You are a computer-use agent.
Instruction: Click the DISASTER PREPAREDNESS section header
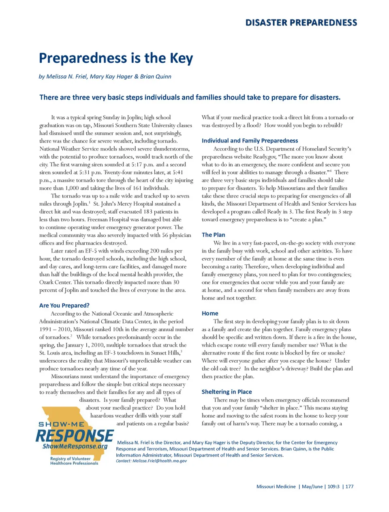[301, 23]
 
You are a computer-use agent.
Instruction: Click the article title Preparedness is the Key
[116, 58]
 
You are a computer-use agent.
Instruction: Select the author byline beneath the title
[105, 76]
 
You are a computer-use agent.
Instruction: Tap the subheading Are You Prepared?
[64, 306]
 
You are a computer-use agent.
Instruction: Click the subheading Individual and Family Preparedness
[250, 141]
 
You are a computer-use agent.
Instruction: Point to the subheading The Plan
[214, 235]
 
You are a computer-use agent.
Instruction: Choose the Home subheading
[210, 313]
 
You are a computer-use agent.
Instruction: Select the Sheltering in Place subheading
[227, 392]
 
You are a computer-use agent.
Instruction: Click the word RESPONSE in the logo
[75, 436]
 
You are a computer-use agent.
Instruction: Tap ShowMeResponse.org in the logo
[75, 446]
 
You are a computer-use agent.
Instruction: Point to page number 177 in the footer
[349, 487]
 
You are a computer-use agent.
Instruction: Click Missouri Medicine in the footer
[276, 487]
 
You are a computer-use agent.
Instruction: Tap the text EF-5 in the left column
[91, 251]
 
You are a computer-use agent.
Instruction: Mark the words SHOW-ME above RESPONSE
[61, 424]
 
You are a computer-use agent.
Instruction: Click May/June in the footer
[312, 487]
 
